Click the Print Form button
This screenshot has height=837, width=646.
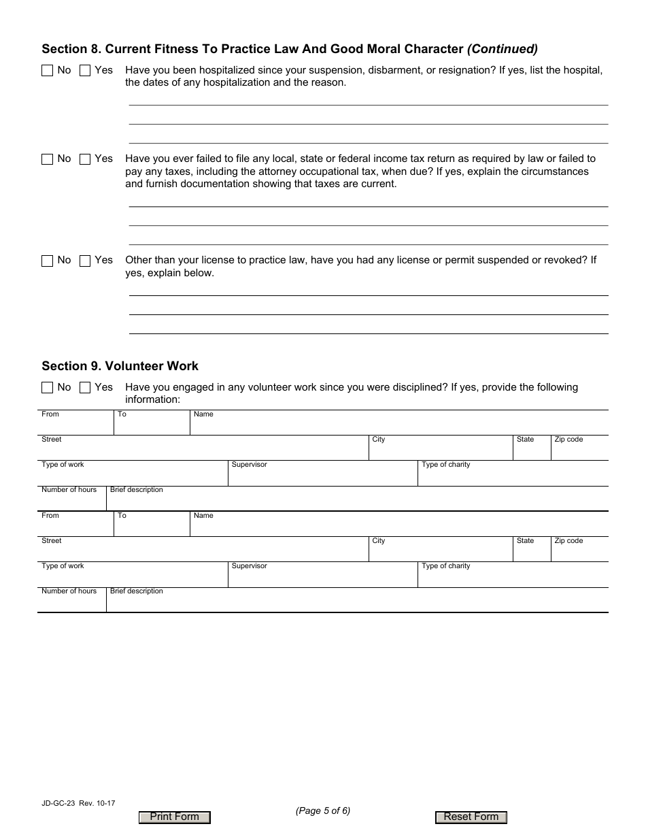click(175, 817)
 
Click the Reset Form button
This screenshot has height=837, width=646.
click(471, 817)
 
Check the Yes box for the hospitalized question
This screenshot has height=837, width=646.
click(85, 70)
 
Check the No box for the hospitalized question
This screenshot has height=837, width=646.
click(47, 70)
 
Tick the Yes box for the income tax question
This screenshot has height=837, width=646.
click(85, 159)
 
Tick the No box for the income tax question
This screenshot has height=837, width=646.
click(47, 159)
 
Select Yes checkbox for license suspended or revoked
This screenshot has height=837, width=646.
click(85, 261)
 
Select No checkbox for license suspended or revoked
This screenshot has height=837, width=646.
click(47, 261)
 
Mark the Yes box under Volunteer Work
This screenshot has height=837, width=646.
click(85, 388)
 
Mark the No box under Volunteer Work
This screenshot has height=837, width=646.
click(47, 388)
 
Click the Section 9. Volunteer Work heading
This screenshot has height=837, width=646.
click(120, 366)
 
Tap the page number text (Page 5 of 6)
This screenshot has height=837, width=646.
click(323, 810)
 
